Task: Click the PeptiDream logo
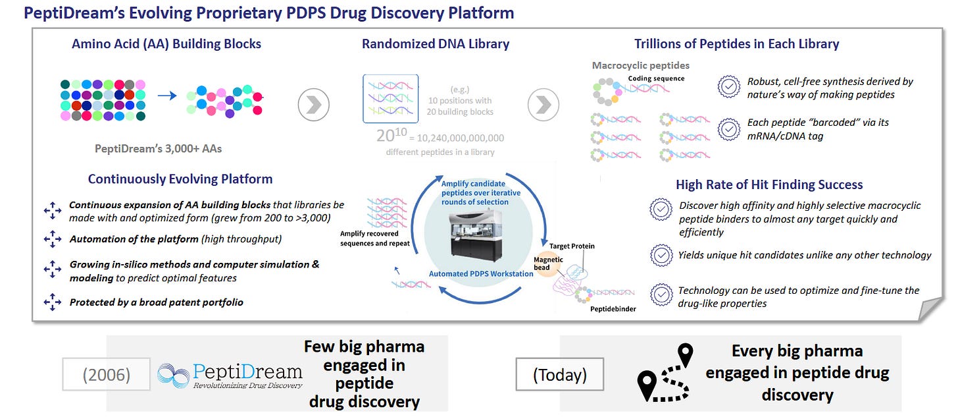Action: point(230,374)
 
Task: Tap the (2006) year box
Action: point(106,375)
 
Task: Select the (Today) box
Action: point(559,376)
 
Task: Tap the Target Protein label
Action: point(572,246)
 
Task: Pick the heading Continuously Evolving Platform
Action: point(180,179)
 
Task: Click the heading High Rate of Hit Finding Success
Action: point(769,184)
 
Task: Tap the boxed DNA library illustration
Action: point(390,99)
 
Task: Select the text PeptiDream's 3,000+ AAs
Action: point(158,148)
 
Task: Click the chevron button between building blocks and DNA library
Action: point(313,105)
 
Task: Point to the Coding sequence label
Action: point(656,78)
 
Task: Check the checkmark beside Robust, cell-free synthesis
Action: point(728,87)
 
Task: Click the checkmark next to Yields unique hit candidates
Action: point(661,255)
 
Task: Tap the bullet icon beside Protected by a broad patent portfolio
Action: point(52,302)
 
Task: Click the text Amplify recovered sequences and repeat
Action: point(375,238)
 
